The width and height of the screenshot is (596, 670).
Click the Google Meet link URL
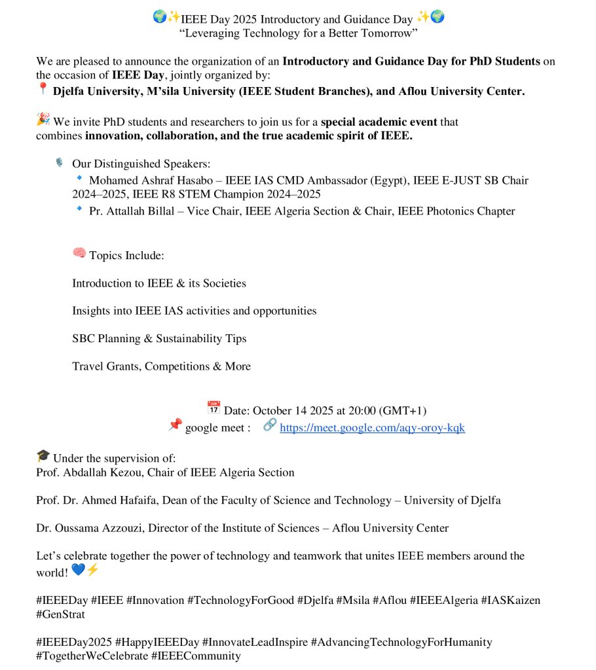coord(372,428)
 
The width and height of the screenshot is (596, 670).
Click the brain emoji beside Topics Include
coord(79,253)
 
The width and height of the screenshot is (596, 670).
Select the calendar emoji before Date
coord(214,408)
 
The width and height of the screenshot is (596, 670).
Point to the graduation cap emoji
coord(43,456)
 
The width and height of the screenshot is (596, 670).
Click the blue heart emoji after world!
coord(78,570)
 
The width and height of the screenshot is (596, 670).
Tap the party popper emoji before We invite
coord(43,120)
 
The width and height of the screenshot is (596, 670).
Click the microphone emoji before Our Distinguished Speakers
coord(60,162)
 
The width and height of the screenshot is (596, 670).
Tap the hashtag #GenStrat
coord(60,614)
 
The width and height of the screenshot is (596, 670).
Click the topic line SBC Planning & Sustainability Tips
coord(159,339)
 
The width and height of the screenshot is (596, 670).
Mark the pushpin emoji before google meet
coord(175,425)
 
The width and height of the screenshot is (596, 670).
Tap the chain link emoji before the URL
coord(269,425)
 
